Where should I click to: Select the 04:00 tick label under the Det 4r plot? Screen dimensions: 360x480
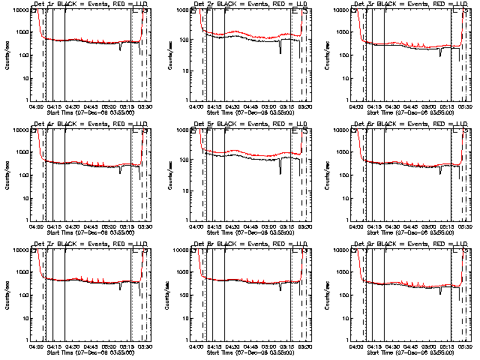tap(36, 225)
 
